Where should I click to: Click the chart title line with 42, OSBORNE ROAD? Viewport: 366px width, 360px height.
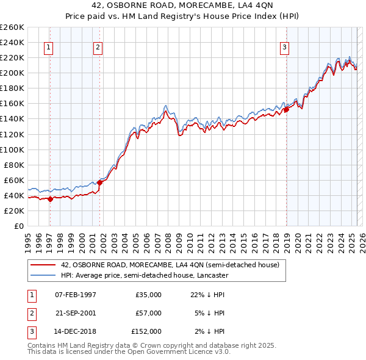coord(182,7)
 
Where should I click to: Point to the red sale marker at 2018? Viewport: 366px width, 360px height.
coord(285,110)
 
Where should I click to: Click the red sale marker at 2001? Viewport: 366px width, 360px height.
coord(99,182)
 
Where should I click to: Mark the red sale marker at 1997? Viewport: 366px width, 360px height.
coord(50,199)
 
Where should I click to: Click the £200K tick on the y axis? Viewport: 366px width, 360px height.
coord(12,73)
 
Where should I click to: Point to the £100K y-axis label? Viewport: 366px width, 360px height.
coord(12,149)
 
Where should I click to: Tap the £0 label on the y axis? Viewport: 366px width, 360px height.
coord(18,226)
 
